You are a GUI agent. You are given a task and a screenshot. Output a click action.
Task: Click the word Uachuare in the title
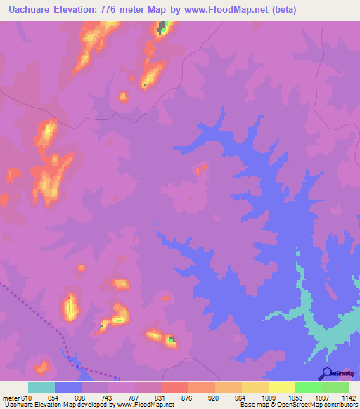(x=27, y=10)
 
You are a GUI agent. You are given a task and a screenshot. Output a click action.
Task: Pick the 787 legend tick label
(x=135, y=398)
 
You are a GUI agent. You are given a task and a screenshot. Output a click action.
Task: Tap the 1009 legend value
(x=268, y=398)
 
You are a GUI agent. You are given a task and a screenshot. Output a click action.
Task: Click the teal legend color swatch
(x=41, y=387)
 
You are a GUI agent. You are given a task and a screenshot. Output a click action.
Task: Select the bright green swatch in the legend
(x=308, y=387)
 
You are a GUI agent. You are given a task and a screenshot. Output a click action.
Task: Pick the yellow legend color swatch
(x=281, y=387)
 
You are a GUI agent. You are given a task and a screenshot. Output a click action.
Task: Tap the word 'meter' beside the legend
(x=11, y=398)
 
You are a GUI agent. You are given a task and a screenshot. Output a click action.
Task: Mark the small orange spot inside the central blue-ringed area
(x=200, y=169)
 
